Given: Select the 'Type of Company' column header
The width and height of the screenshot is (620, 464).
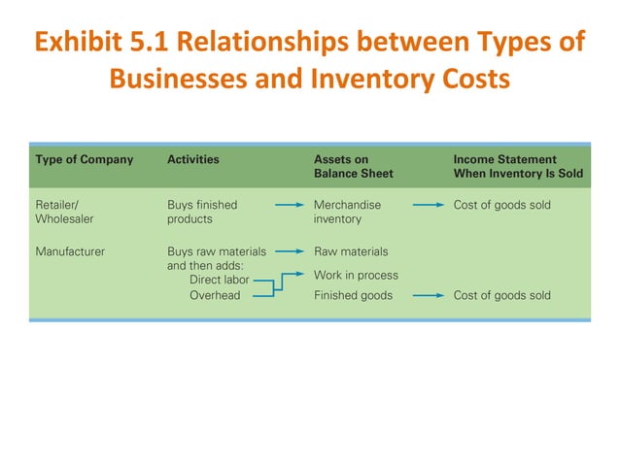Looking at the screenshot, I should pos(85,159).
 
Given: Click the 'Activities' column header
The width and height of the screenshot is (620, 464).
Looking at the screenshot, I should pos(193,159).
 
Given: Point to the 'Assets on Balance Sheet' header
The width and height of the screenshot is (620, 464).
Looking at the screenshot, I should pos(353,166).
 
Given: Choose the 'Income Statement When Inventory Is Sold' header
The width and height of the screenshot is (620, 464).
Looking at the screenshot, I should pos(505,166).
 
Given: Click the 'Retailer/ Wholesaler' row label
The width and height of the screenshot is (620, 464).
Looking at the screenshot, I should pos(64,212).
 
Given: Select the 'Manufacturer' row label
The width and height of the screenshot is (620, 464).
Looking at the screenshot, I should pos(70,251).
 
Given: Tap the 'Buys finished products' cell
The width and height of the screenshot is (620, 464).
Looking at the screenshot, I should pos(202,212).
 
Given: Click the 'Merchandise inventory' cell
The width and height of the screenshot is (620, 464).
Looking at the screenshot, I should pos(348,212).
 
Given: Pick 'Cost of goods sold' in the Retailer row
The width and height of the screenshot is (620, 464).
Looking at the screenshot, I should pos(502,206).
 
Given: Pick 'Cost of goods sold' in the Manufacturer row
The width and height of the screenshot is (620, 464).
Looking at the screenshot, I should pos(502,295).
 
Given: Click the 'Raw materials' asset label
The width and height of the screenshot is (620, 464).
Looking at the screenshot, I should pos(351,251).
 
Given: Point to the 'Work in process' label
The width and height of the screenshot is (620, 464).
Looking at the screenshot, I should pos(356,275).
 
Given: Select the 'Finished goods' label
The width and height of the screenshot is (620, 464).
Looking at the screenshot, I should pos(354,295).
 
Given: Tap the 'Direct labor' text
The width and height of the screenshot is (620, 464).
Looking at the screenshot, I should pos(219,280).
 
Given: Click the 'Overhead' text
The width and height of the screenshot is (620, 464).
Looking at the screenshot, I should pos(215,295).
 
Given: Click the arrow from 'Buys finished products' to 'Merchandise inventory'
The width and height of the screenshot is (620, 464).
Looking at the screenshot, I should pos(288,206).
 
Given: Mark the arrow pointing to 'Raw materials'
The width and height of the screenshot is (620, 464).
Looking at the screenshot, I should pos(288,251).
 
